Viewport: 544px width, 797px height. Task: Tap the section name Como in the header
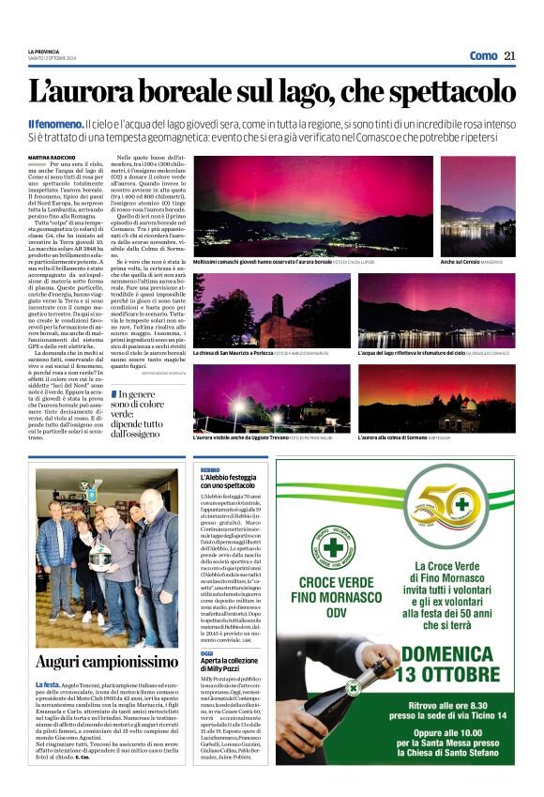pos(483,55)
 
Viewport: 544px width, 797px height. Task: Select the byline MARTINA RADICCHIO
pos(52,156)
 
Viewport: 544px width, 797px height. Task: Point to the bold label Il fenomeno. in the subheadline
pos(54,124)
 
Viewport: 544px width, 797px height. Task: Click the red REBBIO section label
pos(210,468)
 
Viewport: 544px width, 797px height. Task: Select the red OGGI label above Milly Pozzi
pos(207,652)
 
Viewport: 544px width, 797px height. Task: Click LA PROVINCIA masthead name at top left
pos(43,51)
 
